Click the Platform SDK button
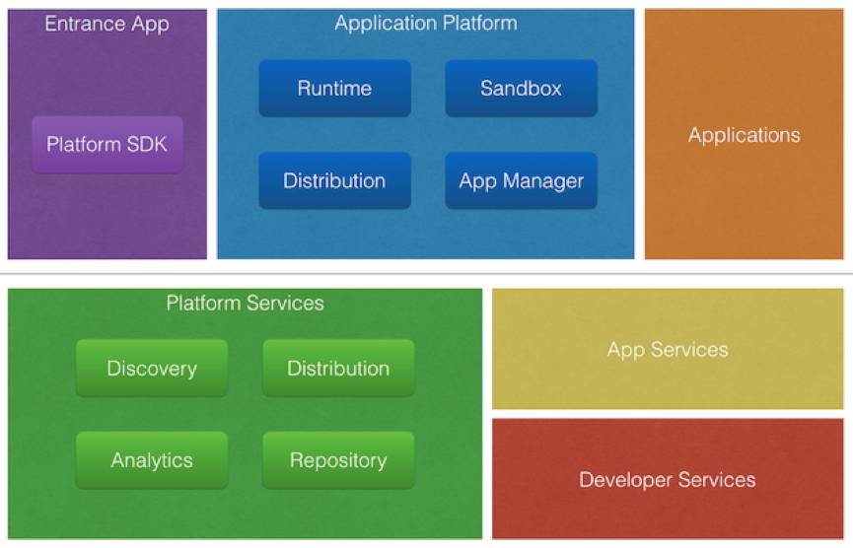tap(107, 144)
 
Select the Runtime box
tap(334, 89)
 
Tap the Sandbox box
tap(521, 89)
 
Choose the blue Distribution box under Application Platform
tap(334, 180)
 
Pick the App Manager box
tap(521, 180)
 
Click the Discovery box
tap(152, 369)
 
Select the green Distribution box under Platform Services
tap(338, 369)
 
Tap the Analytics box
tap(152, 460)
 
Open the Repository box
tap(338, 460)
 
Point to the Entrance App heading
tap(107, 23)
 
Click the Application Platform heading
tap(426, 23)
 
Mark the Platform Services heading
tap(245, 303)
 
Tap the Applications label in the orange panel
tap(745, 135)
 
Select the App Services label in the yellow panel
tap(668, 350)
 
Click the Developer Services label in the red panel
tap(668, 480)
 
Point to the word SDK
tap(146, 144)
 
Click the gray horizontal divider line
tap(426, 273)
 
